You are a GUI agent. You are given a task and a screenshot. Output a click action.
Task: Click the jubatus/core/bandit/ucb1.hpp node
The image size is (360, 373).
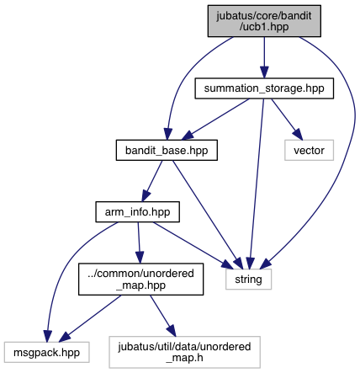[264, 21]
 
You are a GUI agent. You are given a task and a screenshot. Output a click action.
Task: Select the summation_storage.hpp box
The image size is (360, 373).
[264, 88]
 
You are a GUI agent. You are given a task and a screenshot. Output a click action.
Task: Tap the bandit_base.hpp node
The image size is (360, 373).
[167, 150]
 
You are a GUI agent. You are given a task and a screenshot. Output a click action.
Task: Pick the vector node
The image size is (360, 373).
[309, 150]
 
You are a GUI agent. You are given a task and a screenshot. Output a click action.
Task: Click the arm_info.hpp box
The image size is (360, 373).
[137, 212]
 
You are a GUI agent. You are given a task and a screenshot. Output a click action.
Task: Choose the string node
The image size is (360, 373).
[248, 280]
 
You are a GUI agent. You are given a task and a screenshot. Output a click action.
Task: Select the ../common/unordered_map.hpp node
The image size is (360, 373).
[140, 279]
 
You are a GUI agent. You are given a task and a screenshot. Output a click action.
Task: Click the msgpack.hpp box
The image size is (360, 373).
[46, 352]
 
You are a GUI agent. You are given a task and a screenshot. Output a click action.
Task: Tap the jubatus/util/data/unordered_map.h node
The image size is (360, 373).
[184, 352]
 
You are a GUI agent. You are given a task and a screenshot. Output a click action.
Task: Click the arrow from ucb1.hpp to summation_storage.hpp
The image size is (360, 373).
[264, 57]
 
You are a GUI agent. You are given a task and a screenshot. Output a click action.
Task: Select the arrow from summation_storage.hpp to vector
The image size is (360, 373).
[287, 120]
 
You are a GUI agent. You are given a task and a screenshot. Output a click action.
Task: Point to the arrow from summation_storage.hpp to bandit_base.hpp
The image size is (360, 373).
[215, 119]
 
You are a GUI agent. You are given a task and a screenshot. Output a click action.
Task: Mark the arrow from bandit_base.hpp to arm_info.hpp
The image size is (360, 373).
[152, 181]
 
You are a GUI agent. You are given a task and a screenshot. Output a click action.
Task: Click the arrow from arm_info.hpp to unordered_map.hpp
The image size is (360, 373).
[139, 242]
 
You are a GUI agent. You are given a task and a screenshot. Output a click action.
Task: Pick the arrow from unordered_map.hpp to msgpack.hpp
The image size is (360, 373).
[90, 318]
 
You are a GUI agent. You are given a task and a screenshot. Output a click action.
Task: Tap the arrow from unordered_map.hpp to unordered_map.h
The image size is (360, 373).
[163, 316]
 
